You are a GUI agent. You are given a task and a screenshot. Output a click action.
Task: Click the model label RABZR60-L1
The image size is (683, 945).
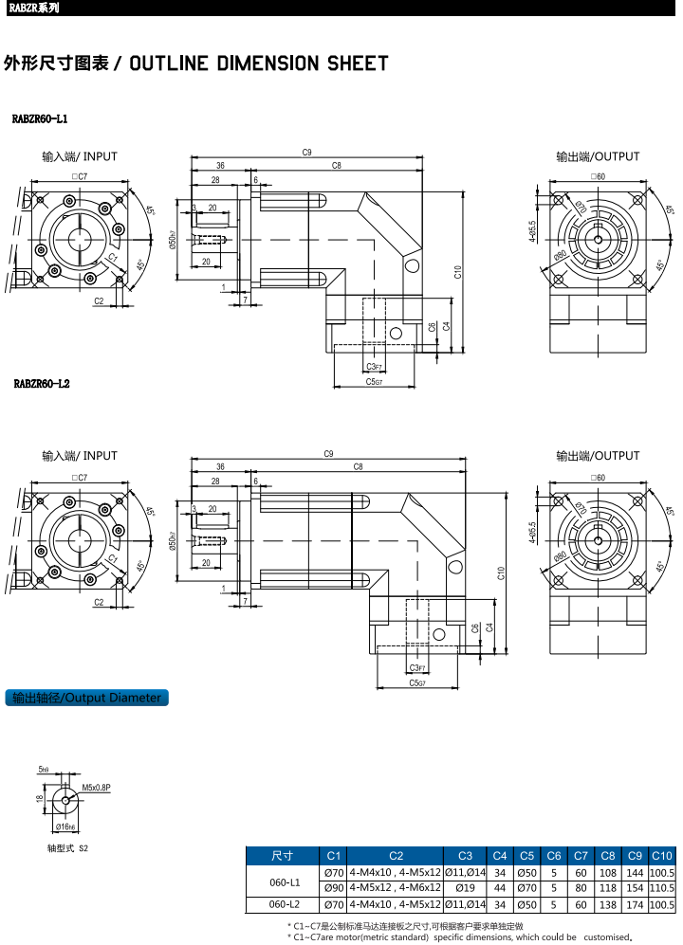(40, 120)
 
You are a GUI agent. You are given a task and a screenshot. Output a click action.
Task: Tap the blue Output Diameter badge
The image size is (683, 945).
(86, 699)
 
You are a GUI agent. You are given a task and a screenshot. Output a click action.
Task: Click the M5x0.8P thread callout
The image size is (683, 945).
(97, 788)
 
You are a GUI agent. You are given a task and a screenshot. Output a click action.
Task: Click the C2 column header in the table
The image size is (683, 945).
(396, 855)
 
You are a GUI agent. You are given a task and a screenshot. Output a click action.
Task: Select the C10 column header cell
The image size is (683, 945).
(662, 855)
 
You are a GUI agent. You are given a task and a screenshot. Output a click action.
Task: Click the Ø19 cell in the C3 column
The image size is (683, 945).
(466, 888)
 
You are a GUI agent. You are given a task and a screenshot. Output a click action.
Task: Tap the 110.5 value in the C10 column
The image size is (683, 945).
(662, 888)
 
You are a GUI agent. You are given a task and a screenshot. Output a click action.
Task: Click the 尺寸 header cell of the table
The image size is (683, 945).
(283, 855)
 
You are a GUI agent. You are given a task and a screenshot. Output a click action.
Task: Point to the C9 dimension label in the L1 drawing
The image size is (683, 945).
(307, 152)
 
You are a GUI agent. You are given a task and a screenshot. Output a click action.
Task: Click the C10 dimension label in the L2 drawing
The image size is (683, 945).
(500, 572)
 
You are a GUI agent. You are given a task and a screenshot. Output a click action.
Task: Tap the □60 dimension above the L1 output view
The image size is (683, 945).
(598, 177)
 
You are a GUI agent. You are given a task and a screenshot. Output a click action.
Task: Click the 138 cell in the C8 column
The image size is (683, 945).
(609, 905)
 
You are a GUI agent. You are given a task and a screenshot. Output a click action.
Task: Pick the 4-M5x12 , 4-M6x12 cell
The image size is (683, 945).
(396, 888)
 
